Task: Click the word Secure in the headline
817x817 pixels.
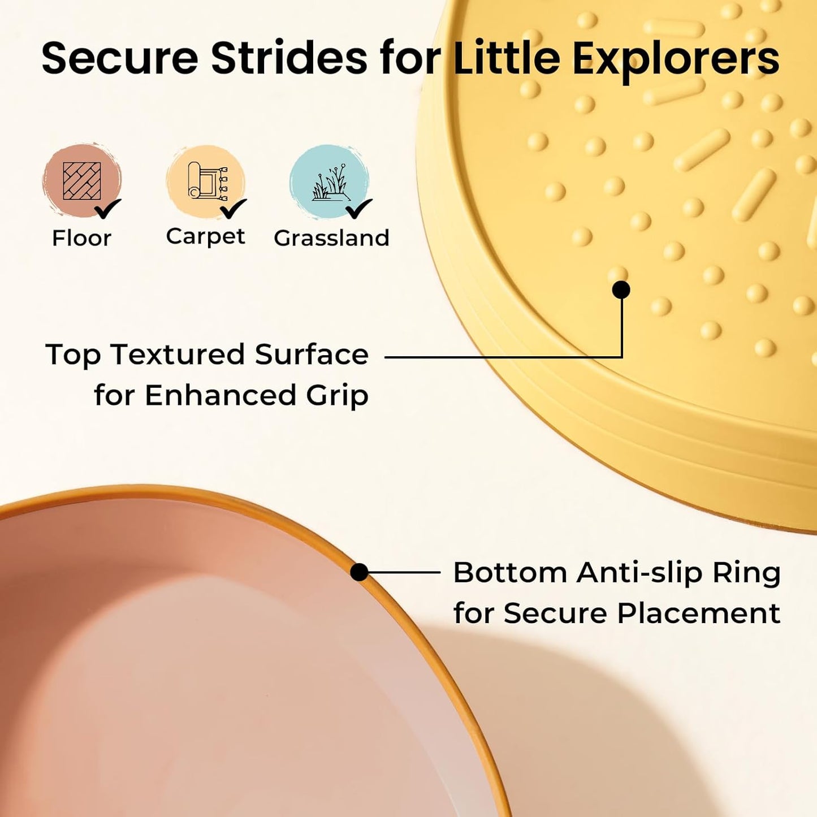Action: pos(120,58)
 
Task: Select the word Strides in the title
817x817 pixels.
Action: pos(289,58)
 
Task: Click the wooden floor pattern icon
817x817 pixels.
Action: pos(82,181)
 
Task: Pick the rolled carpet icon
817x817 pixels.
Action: pos(207,181)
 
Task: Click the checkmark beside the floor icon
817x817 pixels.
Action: pos(107,209)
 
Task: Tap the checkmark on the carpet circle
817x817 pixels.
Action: pos(233,209)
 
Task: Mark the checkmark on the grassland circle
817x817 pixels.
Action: pos(358,209)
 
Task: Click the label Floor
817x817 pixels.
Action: pos(82,238)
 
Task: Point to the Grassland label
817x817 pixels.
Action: pos(331,238)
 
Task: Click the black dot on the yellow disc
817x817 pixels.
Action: pos(621,290)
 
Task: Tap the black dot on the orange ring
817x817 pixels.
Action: pos(360,572)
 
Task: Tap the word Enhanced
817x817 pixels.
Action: pos(219,395)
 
